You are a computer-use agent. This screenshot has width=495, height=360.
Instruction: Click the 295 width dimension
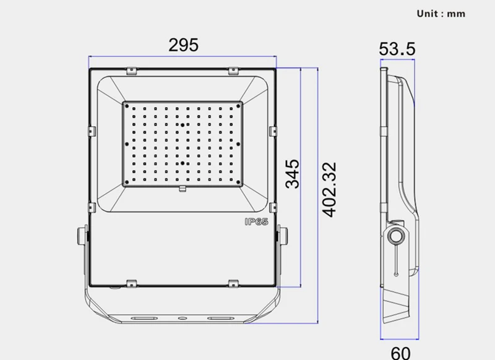point(183,45)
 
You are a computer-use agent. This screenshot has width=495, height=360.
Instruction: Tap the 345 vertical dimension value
point(292,173)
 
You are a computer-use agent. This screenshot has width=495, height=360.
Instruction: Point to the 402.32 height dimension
point(329,189)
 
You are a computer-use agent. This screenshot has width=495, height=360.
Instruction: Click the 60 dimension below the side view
point(400,353)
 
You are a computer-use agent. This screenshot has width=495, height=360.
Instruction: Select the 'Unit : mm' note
point(441,13)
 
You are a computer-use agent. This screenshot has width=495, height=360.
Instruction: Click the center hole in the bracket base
point(183,317)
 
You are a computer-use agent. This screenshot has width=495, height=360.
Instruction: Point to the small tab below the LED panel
point(183,188)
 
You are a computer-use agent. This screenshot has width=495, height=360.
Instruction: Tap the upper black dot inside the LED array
point(183,126)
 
